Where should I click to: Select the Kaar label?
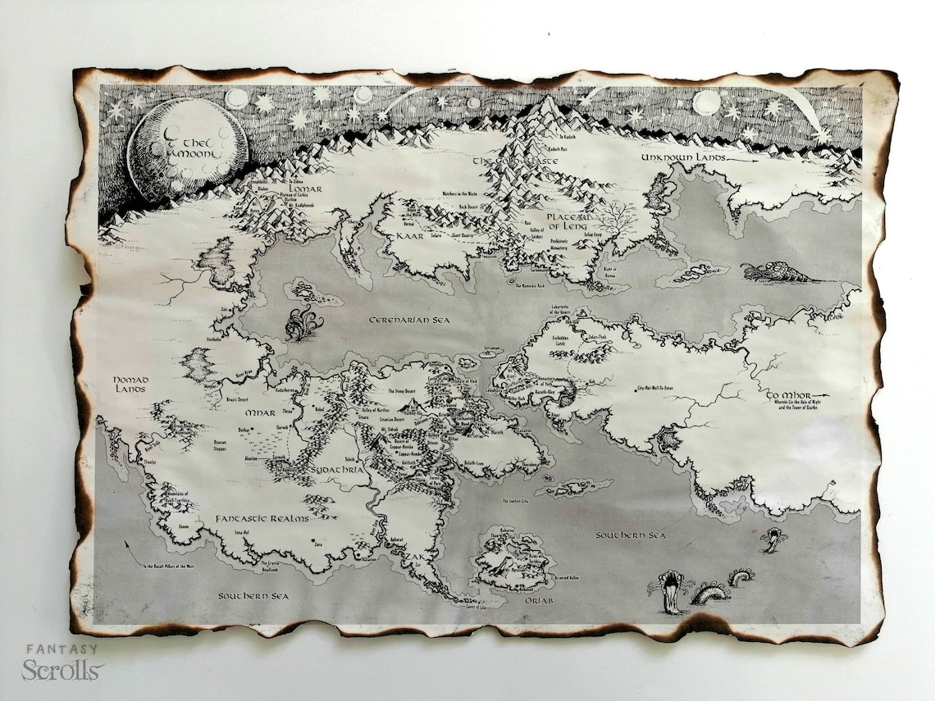408,235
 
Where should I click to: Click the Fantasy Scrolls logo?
62,662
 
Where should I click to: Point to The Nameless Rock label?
534,284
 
